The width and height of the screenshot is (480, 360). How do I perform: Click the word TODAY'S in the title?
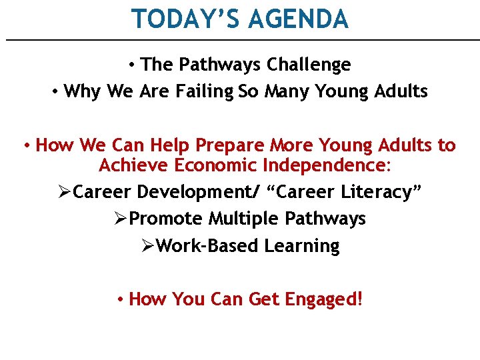(186, 19)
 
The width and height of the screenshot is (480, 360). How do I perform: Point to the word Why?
(82, 91)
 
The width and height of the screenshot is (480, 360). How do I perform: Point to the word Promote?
(166, 219)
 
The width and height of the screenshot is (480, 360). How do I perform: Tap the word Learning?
(302, 246)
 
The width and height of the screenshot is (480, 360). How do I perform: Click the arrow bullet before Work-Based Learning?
(149, 246)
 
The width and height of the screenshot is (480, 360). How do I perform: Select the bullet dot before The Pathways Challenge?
(133, 65)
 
